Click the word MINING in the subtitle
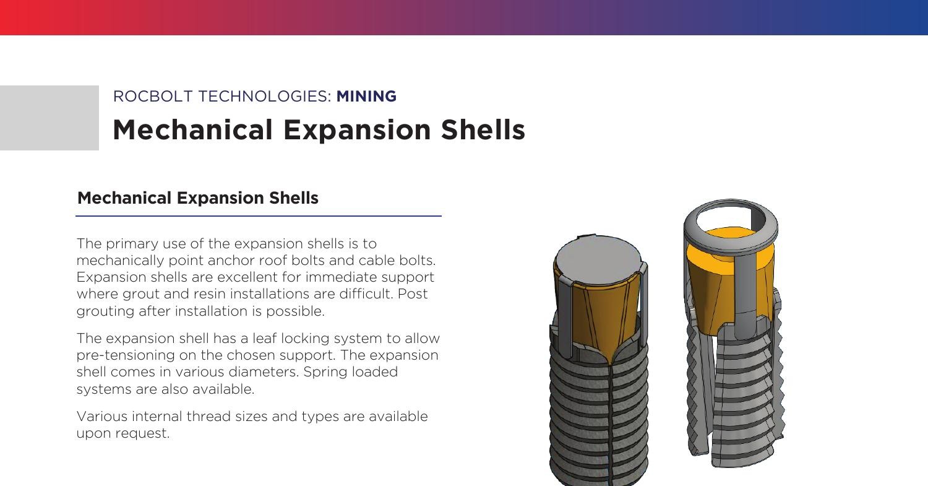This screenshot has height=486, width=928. pos(366,97)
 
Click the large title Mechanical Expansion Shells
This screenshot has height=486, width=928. pos(319,130)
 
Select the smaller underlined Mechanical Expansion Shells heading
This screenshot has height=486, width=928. pos(198,198)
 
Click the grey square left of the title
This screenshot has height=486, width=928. pos(49,118)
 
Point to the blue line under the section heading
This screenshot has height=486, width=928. pos(259,216)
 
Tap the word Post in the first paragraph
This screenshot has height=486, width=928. pos(413,293)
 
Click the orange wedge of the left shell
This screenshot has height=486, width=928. pos(599,316)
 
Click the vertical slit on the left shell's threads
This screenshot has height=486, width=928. pos(611,421)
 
